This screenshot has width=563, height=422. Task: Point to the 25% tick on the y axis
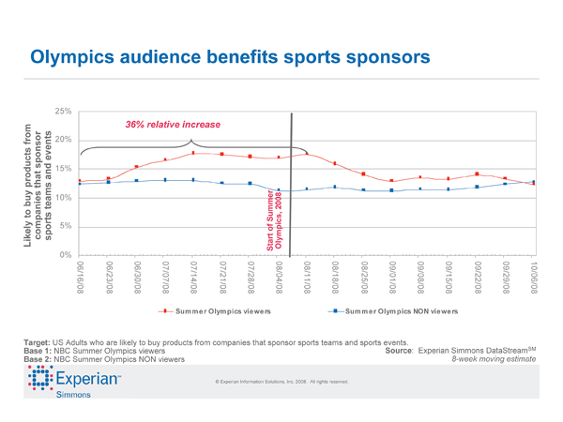pos(64,112)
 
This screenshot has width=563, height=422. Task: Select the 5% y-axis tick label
pos(67,226)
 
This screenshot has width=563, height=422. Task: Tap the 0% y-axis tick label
pos(67,255)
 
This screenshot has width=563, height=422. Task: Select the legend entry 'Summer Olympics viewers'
pos(221,310)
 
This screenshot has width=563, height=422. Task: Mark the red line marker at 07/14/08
pos(193,153)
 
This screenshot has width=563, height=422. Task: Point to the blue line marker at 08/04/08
pos(279,190)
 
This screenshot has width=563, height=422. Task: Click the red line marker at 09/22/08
pos(477,173)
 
